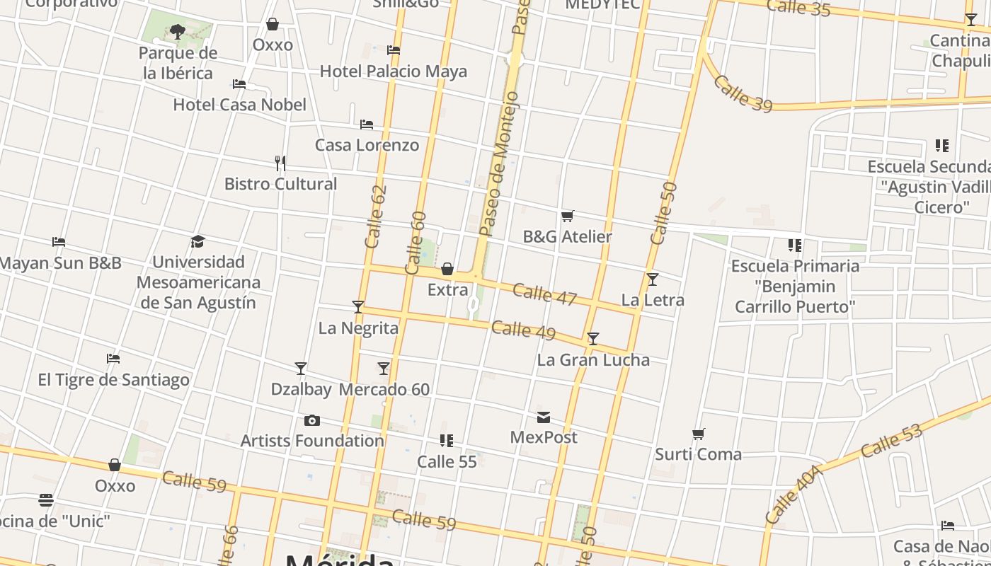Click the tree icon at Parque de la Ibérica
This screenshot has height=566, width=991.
pyautogui.click(x=177, y=31)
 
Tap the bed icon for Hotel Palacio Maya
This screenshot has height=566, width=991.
pyautogui.click(x=394, y=50)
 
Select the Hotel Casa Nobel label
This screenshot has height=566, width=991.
pyautogui.click(x=240, y=105)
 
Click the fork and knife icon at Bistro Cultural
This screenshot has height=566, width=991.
pyautogui.click(x=280, y=163)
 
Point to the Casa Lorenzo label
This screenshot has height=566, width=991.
pyautogui.click(x=367, y=145)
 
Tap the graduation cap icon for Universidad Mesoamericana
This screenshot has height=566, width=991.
pyautogui.click(x=198, y=242)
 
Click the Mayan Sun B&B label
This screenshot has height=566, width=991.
pyautogui.click(x=61, y=263)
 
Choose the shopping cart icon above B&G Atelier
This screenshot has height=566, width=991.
pyautogui.click(x=567, y=216)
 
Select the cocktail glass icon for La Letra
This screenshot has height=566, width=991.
pyautogui.click(x=653, y=279)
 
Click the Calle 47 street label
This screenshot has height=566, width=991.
pyautogui.click(x=544, y=294)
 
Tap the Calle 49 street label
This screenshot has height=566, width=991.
pyautogui.click(x=523, y=330)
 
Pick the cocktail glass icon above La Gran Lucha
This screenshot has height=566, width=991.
pyautogui.click(x=593, y=339)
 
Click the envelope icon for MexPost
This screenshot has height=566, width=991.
pyautogui.click(x=544, y=417)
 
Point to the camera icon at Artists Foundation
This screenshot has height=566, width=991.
pyautogui.click(x=312, y=421)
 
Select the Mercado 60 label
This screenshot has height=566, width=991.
pyautogui.click(x=384, y=389)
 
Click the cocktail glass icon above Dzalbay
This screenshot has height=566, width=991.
pyautogui.click(x=301, y=369)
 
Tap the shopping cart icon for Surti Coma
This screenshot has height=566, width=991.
pyautogui.click(x=699, y=434)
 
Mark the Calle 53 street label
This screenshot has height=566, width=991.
pyautogui.click(x=892, y=440)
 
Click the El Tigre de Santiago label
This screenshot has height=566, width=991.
pyautogui.click(x=114, y=380)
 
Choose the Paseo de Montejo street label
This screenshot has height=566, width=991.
pyautogui.click(x=500, y=163)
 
